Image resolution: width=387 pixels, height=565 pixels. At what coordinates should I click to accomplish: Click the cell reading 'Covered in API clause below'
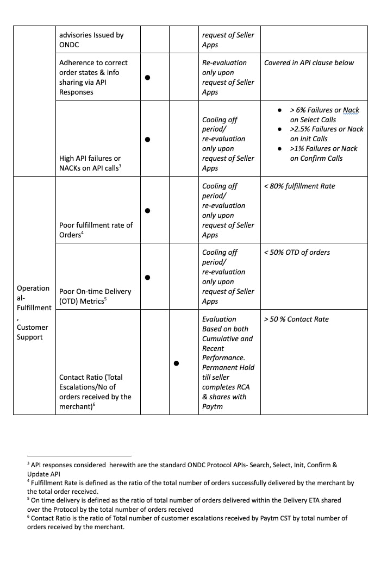point(309,63)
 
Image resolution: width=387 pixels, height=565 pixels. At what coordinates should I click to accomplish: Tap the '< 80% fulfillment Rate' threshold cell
point(299,186)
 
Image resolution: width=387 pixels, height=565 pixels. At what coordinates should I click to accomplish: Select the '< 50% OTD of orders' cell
point(297,253)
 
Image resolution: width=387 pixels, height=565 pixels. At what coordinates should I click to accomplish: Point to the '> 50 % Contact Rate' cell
point(296,319)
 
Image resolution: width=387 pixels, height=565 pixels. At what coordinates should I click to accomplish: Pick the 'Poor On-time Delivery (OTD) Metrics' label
point(95,296)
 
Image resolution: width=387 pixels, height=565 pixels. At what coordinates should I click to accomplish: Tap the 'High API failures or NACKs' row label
point(90,163)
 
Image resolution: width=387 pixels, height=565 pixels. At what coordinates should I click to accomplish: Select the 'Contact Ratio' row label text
point(95,392)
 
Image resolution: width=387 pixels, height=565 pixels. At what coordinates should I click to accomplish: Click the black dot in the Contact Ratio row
point(177,363)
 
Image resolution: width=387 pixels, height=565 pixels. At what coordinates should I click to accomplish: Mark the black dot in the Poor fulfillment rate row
point(148,210)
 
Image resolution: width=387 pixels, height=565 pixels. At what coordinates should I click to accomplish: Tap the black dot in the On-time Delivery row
point(148,277)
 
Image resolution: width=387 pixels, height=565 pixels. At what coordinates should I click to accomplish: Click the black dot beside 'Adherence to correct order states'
point(148,78)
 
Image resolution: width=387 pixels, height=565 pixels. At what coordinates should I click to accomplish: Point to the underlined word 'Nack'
point(351,110)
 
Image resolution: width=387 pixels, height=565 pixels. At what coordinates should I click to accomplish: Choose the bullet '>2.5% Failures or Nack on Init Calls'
point(326,134)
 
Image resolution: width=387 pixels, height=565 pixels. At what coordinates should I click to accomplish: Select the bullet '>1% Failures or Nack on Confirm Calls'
point(323,153)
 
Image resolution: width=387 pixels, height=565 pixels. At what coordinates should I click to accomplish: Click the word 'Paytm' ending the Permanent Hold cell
point(213,406)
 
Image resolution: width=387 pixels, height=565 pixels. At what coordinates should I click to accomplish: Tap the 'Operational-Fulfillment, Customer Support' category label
point(34,312)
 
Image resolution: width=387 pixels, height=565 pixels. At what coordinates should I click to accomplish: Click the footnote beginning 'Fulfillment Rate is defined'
point(190,487)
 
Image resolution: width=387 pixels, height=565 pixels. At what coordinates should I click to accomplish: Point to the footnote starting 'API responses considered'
point(183,469)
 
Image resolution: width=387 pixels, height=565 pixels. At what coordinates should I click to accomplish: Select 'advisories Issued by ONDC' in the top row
point(91,40)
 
